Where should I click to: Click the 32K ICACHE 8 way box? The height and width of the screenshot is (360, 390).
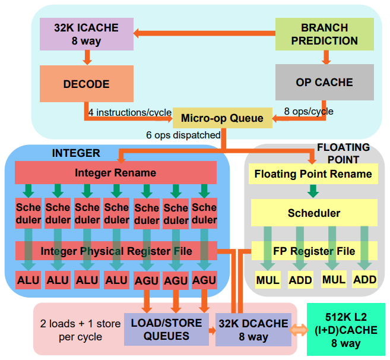[87, 34]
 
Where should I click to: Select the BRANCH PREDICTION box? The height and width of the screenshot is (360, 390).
[324, 34]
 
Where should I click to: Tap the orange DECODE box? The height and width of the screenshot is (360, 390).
[87, 84]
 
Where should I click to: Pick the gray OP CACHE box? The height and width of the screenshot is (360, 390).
[324, 82]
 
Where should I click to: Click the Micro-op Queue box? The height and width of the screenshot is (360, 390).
[223, 118]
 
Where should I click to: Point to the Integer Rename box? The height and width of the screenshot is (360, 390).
[116, 172]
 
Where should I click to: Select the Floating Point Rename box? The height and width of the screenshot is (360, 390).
[313, 174]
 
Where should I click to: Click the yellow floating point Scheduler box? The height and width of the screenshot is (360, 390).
[314, 213]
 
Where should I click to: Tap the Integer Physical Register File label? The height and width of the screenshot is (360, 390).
[116, 251]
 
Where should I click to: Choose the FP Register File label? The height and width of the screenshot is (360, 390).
[314, 251]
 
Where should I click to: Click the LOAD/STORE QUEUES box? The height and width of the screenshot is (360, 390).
[166, 329]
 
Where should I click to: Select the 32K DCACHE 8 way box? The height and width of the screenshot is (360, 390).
[253, 330]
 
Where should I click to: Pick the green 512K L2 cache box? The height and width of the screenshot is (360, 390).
[346, 329]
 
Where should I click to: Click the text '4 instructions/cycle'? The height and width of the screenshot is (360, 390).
[130, 112]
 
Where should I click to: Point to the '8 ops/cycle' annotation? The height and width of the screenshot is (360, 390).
[309, 111]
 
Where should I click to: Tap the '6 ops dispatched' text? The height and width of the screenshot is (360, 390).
[183, 135]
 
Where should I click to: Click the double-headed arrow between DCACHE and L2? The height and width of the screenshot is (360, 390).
[299, 330]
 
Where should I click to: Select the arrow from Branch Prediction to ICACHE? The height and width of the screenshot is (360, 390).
[204, 33]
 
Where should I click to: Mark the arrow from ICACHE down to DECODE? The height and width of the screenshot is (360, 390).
[87, 58]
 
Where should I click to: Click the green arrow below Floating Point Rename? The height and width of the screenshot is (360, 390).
[313, 191]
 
